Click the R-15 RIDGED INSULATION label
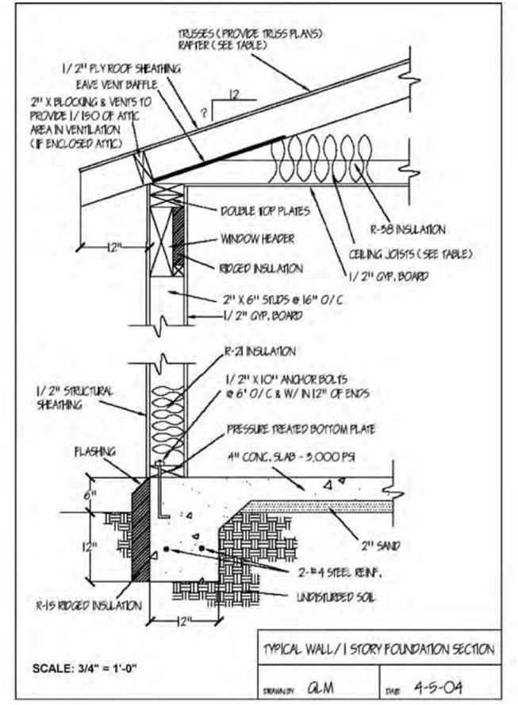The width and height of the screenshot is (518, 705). coord(100,605)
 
